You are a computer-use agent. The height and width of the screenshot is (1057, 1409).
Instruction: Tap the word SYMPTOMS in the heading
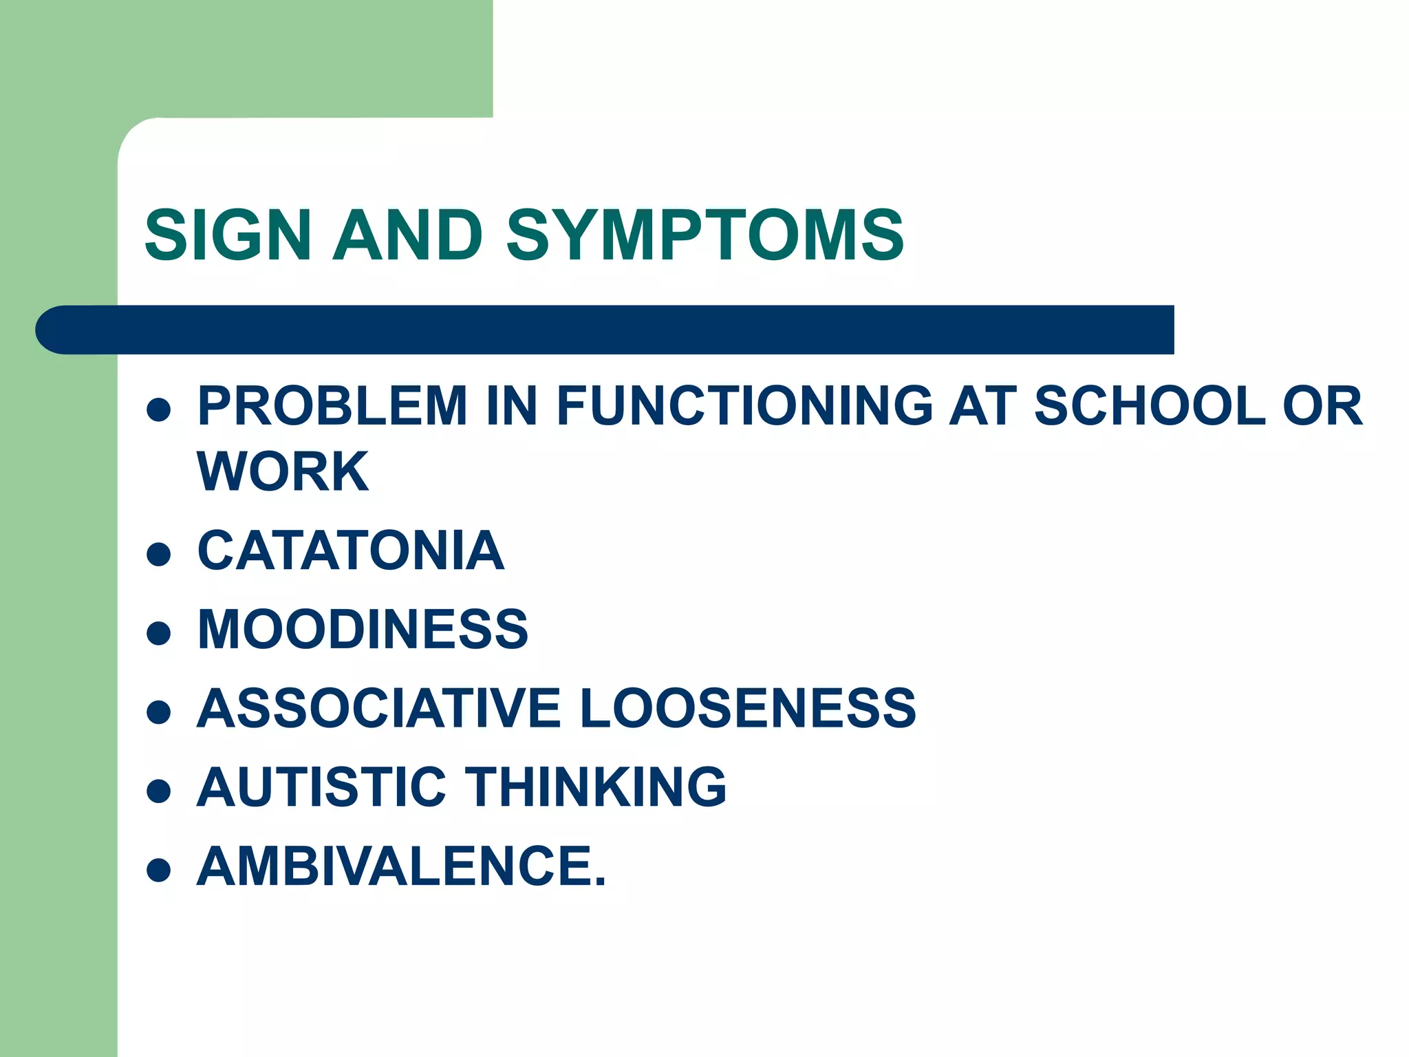coord(704,235)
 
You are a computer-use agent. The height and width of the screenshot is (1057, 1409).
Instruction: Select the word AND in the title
coord(407,235)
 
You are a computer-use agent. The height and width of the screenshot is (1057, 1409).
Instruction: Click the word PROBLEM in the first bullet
coord(332,406)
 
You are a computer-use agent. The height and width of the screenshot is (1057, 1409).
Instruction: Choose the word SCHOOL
coord(1150,406)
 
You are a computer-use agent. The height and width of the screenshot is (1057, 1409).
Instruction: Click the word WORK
coord(283,472)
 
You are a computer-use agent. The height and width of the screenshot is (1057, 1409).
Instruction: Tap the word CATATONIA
coord(351,551)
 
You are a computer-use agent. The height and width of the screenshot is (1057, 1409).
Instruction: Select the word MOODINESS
coord(363,630)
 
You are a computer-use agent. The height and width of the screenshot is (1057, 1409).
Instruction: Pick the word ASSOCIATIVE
coord(379,709)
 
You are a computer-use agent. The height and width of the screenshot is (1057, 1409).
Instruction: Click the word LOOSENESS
coord(748,709)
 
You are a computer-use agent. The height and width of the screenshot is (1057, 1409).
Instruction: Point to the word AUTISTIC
coord(321,787)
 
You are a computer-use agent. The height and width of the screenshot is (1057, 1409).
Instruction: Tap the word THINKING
coord(596,787)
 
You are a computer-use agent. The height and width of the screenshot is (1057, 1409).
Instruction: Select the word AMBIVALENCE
coord(401,866)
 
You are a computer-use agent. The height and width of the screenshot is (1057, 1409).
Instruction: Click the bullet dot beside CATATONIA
coord(159,555)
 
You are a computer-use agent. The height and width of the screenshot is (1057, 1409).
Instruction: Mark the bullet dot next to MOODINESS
coord(159,633)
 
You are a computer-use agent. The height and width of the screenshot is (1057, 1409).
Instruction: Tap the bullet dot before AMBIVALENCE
coord(159,870)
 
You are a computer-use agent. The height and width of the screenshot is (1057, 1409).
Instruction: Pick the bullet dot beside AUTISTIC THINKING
coord(159,791)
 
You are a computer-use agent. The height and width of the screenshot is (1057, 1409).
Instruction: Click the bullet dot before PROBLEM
coord(159,409)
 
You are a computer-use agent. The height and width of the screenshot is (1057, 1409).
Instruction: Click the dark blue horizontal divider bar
coord(605,330)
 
